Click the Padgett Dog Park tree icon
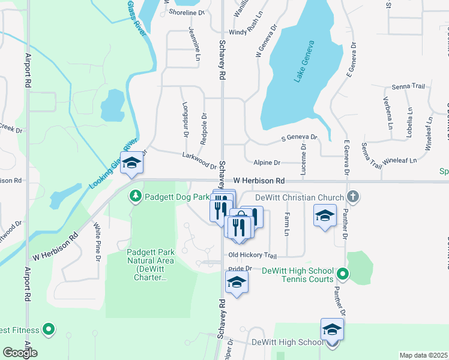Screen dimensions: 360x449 point(136,196)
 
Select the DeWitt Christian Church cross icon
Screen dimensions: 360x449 point(354,197)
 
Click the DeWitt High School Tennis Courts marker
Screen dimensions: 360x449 point(343,275)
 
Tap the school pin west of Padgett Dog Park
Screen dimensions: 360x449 point(132,163)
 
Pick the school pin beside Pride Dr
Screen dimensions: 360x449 point(237,283)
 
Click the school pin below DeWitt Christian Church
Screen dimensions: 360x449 point(325,216)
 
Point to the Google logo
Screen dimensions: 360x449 point(20,353)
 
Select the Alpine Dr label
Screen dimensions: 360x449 point(267,163)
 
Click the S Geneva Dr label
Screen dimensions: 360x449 point(299,138)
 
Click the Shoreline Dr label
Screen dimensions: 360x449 point(187,12)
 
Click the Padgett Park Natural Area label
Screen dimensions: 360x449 point(151,265)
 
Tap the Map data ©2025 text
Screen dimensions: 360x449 point(423,355)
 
